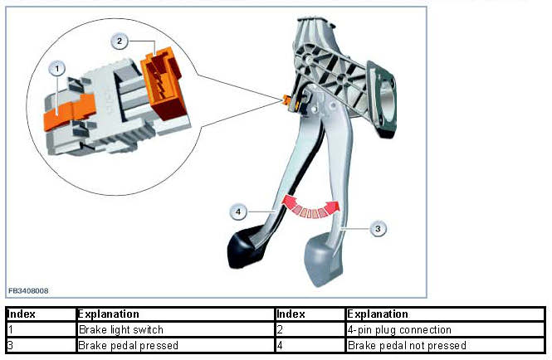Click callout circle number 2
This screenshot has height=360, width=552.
point(119,40)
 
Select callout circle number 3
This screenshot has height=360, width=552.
point(378,228)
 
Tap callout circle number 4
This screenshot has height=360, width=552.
point(239,212)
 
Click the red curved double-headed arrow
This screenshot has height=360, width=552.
point(310,206)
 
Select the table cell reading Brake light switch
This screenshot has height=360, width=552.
point(120,330)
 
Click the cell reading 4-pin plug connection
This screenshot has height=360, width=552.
point(399,330)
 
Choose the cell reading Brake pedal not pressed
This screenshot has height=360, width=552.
point(407,345)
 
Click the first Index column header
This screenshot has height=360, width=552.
point(21,314)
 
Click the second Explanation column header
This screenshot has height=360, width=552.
point(378,314)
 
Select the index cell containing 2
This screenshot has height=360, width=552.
point(280,330)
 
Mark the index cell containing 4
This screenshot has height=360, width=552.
point(280,345)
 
